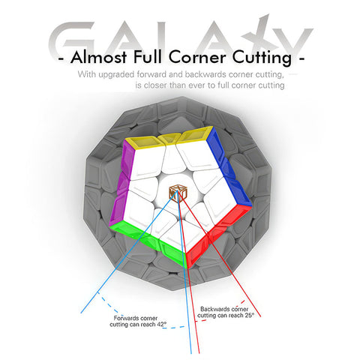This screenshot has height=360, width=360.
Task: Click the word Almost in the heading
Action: pyautogui.click(x=99, y=57)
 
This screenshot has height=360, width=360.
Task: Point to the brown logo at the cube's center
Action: pyautogui.click(x=178, y=193)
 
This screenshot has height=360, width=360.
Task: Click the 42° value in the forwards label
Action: pyautogui.click(x=161, y=325)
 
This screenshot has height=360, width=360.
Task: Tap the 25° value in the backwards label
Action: pyautogui.click(x=249, y=316)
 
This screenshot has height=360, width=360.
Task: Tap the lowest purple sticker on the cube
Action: pyautogui.click(x=118, y=208)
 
